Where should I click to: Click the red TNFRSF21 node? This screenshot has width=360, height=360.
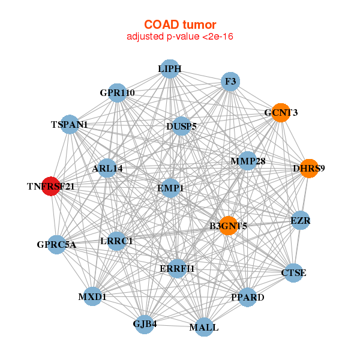(51, 187)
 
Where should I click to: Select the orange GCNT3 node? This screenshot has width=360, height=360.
(281, 113)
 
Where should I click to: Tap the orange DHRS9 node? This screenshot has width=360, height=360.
(308, 169)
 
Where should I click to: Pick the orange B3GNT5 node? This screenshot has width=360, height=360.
(228, 226)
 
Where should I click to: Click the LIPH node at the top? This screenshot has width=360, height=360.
(170, 69)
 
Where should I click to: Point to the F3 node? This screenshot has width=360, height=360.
(230, 81)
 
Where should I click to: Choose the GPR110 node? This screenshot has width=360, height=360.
(118, 93)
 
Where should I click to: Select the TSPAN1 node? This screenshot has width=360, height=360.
(70, 125)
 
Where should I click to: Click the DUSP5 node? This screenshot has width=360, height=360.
(181, 127)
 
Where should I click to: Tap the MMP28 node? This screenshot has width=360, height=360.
(247, 161)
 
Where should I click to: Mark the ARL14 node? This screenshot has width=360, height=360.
(107, 169)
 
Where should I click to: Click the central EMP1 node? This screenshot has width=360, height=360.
(170, 188)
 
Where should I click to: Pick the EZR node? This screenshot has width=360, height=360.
(300, 221)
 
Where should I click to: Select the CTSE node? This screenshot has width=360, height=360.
(293, 273)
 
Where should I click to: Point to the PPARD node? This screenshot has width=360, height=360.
(247, 297)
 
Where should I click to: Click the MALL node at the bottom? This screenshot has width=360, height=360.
(204, 328)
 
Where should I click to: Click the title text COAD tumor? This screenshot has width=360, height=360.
(179, 25)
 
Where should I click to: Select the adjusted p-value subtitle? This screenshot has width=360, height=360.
(179, 37)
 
